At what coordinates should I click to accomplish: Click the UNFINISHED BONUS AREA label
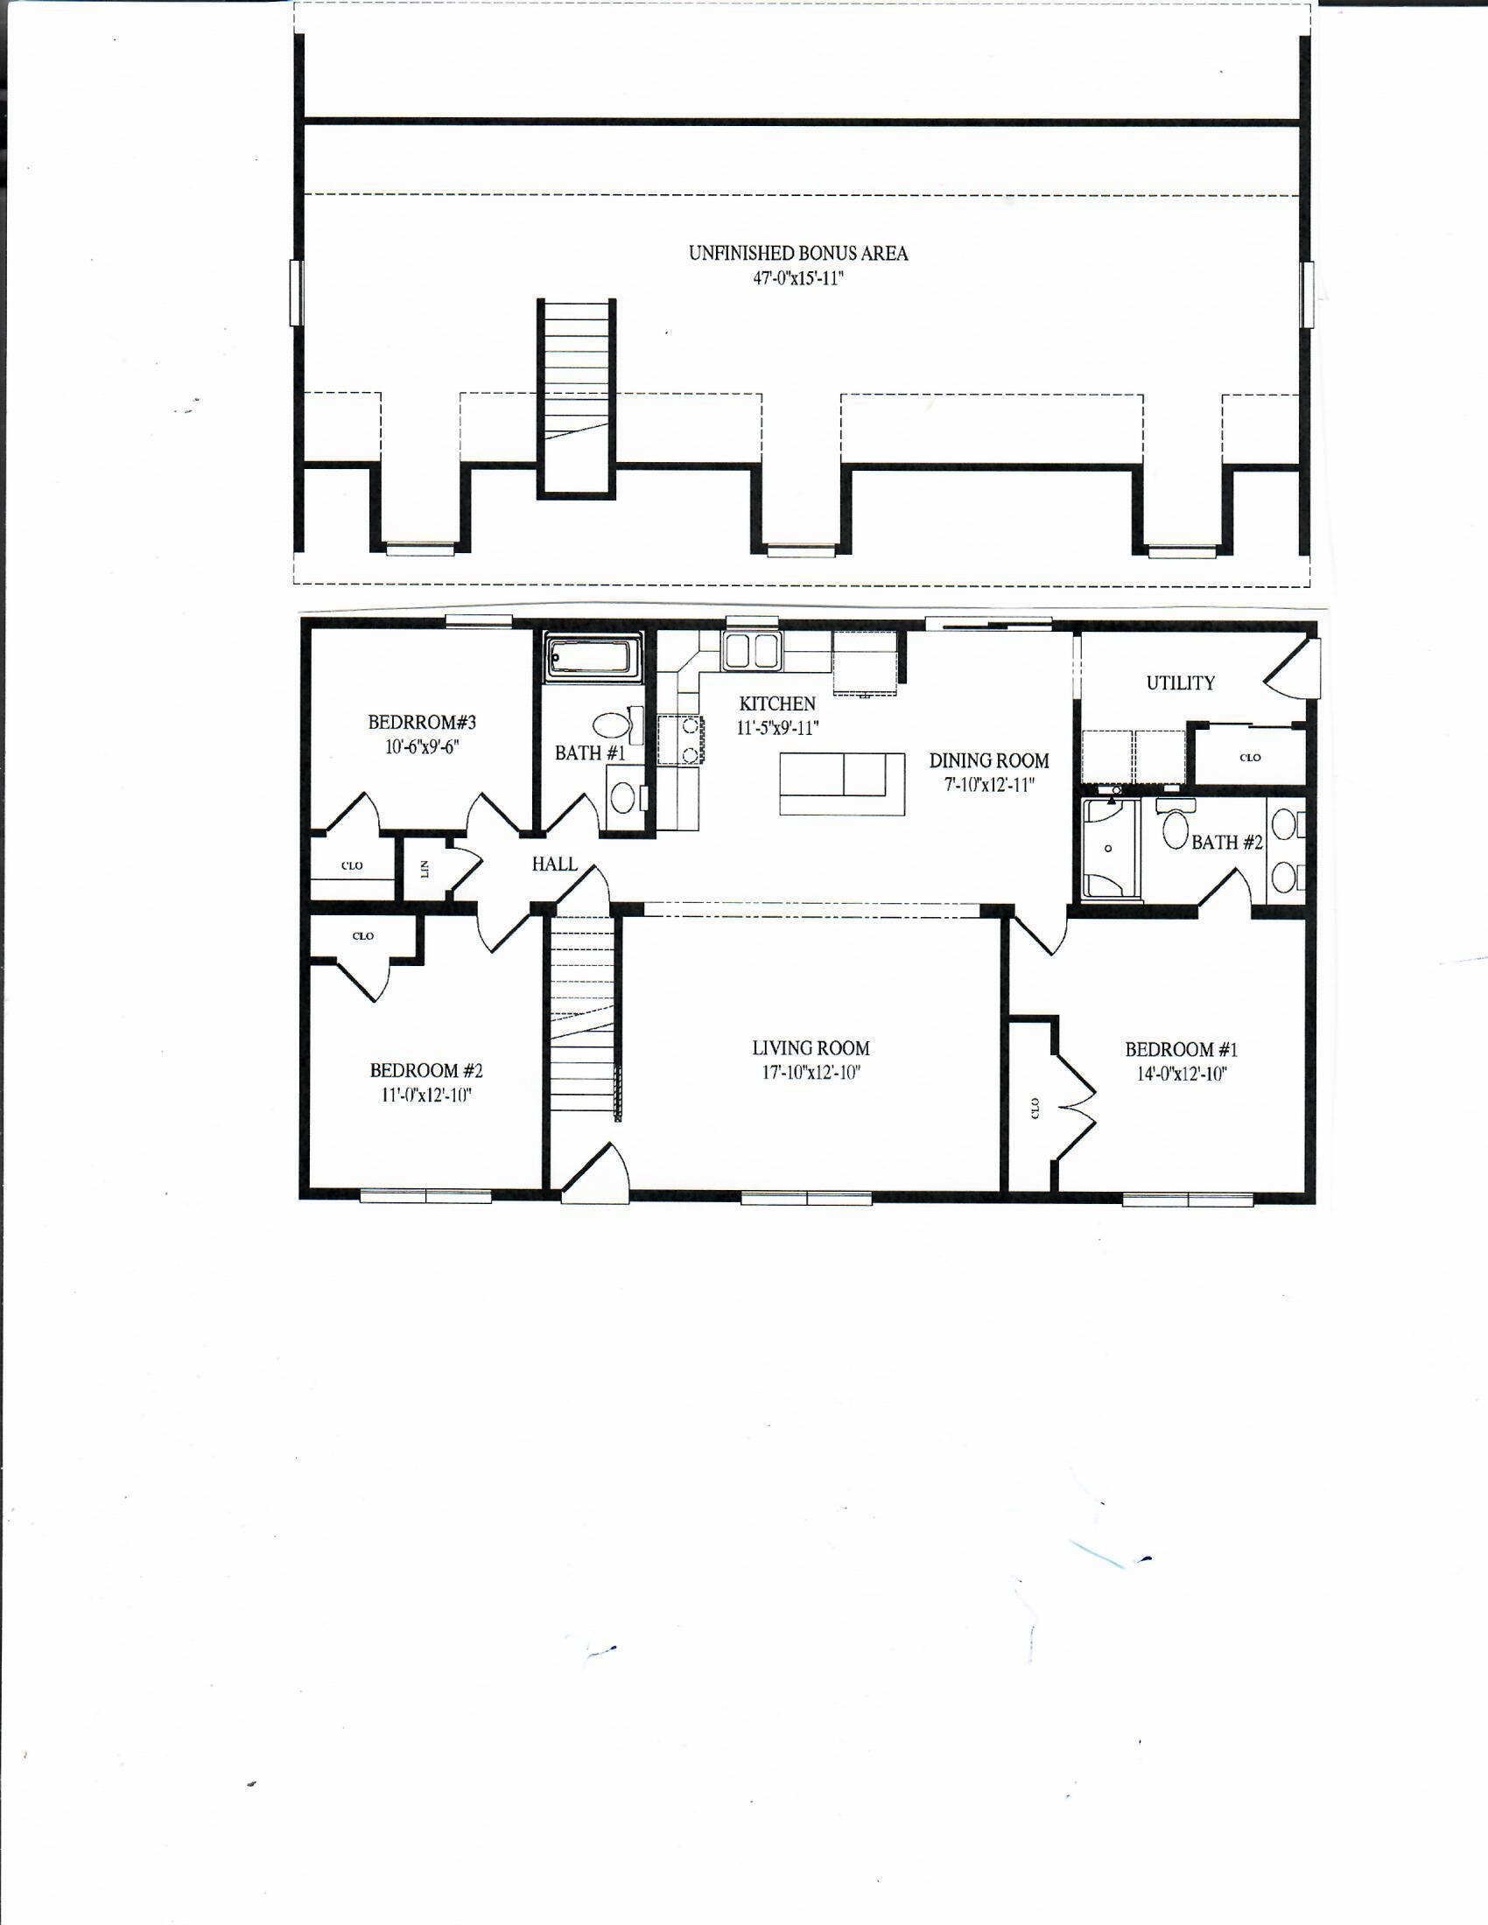[x=797, y=253]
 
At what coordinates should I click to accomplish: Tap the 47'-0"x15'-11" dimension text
[x=797, y=279]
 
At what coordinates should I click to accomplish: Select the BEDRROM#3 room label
[x=422, y=723]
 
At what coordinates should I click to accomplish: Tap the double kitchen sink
[x=752, y=650]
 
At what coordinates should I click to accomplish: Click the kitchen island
[x=842, y=784]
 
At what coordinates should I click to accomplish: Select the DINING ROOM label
[x=989, y=759]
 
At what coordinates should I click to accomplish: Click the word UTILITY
[x=1181, y=683]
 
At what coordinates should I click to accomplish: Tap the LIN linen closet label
[x=425, y=870]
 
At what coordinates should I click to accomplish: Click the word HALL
[x=554, y=864]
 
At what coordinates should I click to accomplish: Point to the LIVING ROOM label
[x=811, y=1048]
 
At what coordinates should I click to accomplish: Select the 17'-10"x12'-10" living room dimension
[x=811, y=1073]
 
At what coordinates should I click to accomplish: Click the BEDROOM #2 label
[x=425, y=1071]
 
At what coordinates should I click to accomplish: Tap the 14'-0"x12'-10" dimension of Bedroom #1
[x=1182, y=1074]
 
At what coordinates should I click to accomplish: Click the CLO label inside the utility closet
[x=1250, y=757]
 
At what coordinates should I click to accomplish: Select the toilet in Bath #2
[x=1175, y=827]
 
